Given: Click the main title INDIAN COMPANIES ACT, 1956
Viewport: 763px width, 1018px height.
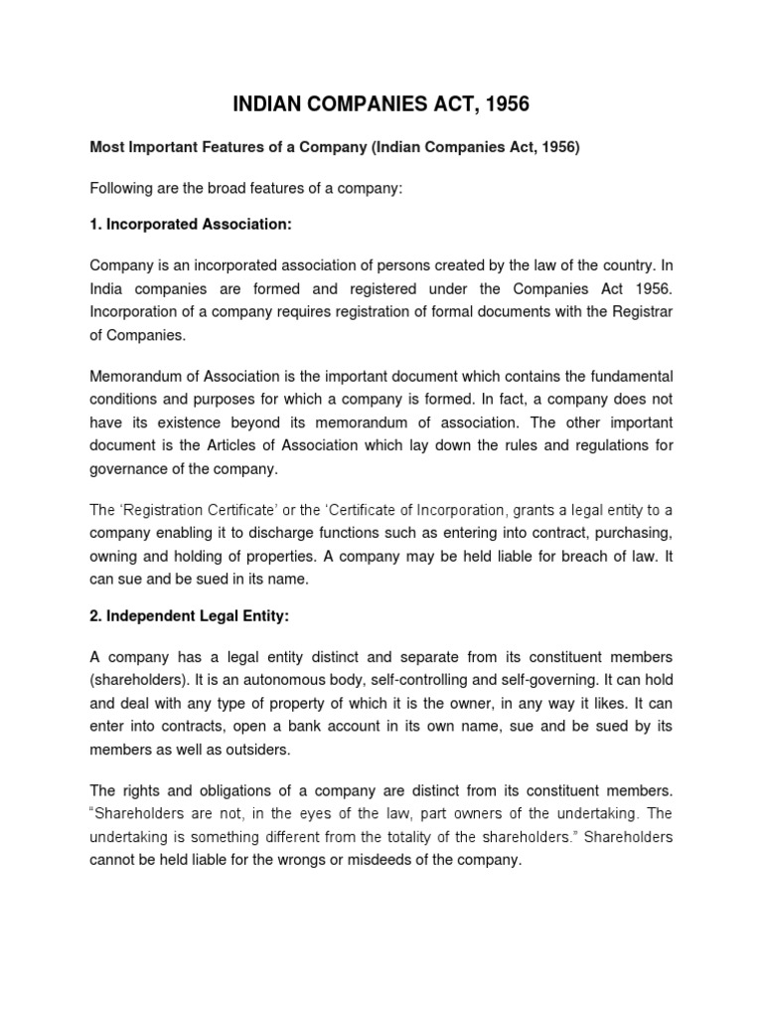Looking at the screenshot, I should point(381,103).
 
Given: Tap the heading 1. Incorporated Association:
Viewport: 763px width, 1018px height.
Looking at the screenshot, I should point(191,225).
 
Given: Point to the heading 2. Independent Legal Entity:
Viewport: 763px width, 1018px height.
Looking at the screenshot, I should point(189,616).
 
